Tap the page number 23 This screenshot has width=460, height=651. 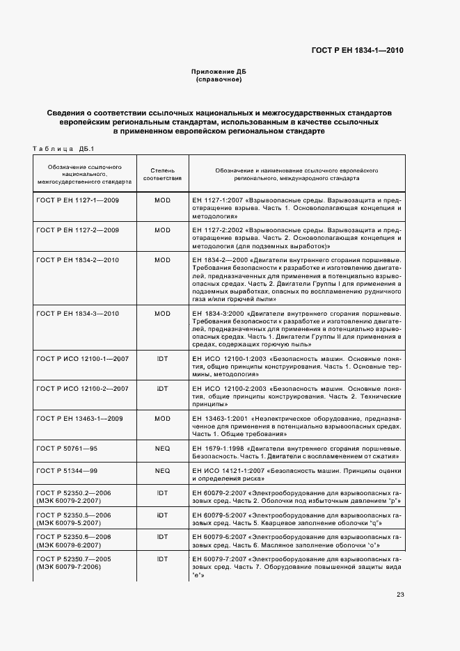click(x=400, y=593)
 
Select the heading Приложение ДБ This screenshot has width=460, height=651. click(x=219, y=72)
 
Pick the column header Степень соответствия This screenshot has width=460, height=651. click(x=162, y=173)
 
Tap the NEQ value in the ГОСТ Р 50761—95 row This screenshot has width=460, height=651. click(x=162, y=449)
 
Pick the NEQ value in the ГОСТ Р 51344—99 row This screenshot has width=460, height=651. click(x=162, y=471)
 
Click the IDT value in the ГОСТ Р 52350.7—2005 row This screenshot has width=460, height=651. click(x=162, y=559)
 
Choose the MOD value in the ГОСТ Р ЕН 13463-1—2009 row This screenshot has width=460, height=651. click(x=162, y=419)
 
